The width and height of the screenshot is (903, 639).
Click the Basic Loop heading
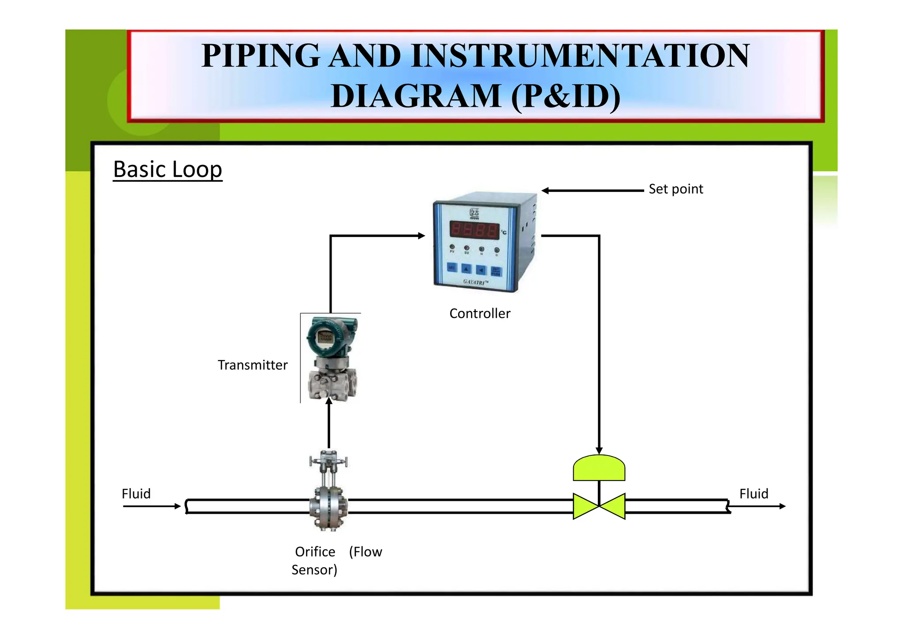pyautogui.click(x=168, y=169)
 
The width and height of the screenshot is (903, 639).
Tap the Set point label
pyautogui.click(x=675, y=189)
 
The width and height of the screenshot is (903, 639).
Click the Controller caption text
pyautogui.click(x=480, y=314)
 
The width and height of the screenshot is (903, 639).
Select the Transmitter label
pyautogui.click(x=253, y=365)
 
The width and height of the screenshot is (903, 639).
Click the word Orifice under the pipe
pyautogui.click(x=315, y=552)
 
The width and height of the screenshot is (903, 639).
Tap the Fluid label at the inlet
pyautogui.click(x=136, y=494)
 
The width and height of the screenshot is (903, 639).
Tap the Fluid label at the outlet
pyautogui.click(x=754, y=494)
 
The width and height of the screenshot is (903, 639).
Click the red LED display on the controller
pyautogui.click(x=474, y=230)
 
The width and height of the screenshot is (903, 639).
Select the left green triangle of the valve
pyautogui.click(x=584, y=507)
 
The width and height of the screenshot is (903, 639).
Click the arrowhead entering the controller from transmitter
pyautogui.click(x=422, y=236)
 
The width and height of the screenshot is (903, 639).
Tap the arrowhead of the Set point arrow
pyautogui.click(x=545, y=191)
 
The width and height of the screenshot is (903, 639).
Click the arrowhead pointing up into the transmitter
pyautogui.click(x=329, y=401)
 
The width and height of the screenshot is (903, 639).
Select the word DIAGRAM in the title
pyautogui.click(x=416, y=96)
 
